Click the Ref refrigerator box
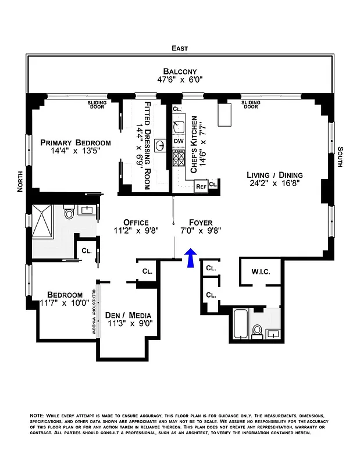201,186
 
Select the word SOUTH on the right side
340,159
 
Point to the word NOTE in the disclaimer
37,416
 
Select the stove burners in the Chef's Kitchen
179,158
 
